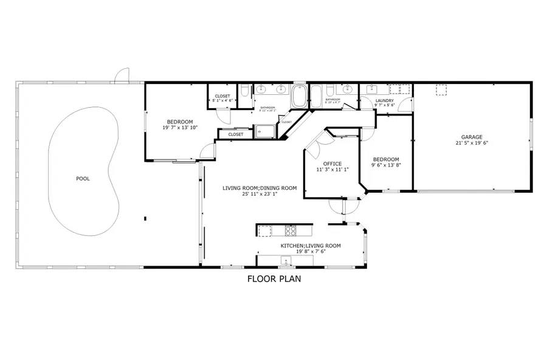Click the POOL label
[83, 179]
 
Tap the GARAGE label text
[472, 137]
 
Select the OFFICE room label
[332, 164]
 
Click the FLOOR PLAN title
[273, 279]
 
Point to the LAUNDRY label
[385, 100]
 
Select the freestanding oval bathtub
[300, 97]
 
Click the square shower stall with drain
[265, 131]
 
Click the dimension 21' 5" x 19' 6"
[472, 144]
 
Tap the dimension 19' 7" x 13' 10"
[181, 128]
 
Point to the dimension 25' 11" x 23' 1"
[260, 195]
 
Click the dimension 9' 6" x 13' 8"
[386, 165]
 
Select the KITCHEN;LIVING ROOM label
[310, 246]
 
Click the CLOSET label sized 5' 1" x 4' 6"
[222, 96]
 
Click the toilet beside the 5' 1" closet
[243, 92]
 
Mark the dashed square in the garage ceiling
[442, 90]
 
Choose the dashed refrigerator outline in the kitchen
[264, 230]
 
